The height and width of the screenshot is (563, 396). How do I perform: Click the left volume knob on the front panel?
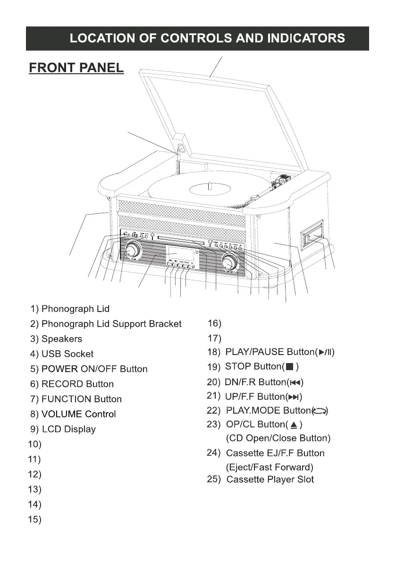point(133,249)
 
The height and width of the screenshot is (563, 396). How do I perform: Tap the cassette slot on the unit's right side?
point(312,236)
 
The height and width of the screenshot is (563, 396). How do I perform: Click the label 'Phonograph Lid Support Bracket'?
point(111,324)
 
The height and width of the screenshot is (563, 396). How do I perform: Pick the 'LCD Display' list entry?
point(69,430)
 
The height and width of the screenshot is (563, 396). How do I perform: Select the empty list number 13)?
point(34,489)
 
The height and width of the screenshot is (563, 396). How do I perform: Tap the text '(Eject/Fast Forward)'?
point(270,468)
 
